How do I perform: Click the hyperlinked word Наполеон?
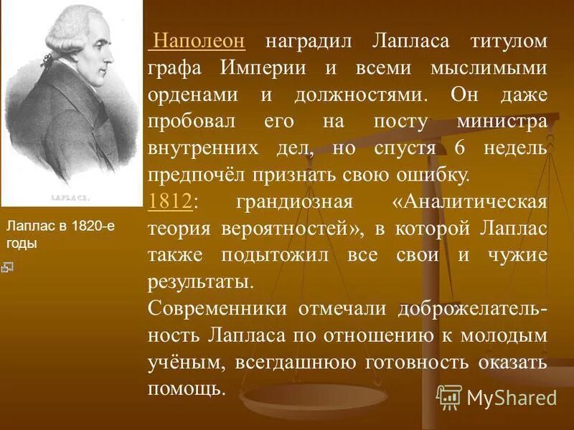(x=199, y=42)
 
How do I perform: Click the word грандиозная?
(x=295, y=202)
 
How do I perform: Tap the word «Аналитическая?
(x=469, y=202)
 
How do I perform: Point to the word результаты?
(x=201, y=282)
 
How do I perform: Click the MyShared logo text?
(x=511, y=397)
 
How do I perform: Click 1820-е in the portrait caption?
(x=88, y=226)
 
